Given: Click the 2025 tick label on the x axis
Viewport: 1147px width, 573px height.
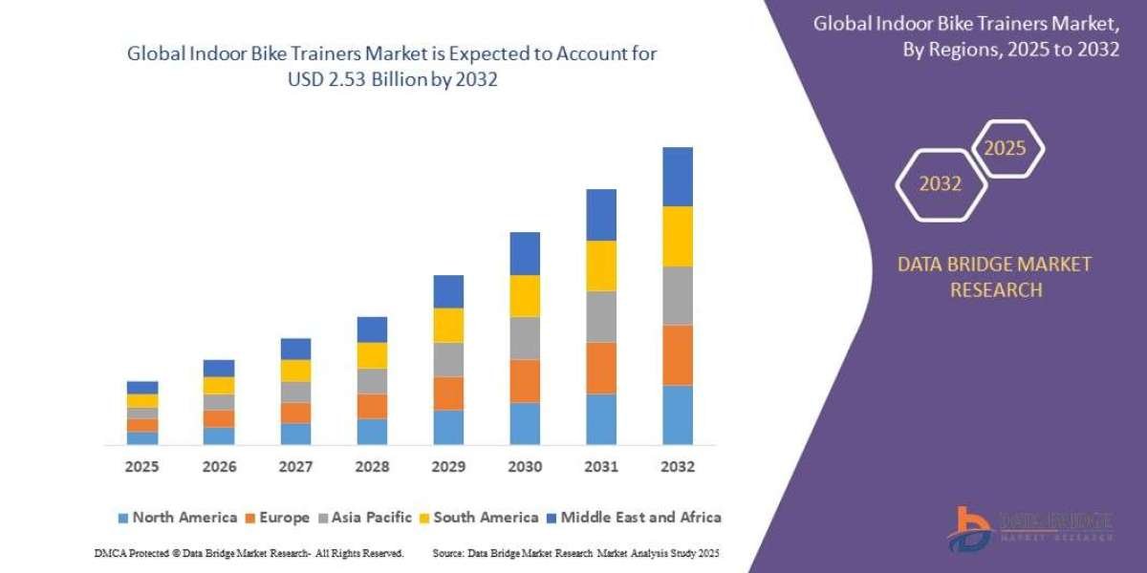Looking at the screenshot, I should pos(141,468).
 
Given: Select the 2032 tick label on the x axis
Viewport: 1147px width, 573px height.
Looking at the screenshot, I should pos(677,468).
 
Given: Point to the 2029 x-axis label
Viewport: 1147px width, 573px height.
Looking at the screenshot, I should pos(447,468).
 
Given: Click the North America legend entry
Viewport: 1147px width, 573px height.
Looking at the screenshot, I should pos(177,518).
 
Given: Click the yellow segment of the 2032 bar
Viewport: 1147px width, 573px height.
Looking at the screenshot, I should pos(677,236).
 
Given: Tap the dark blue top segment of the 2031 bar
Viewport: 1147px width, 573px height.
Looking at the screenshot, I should pos(600,215).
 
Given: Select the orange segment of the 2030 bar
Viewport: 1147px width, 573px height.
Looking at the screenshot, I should pos(524,381).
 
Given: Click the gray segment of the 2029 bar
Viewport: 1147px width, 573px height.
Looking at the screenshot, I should pos(447,359).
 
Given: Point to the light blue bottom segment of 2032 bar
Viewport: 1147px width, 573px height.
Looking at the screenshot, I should pos(677,414).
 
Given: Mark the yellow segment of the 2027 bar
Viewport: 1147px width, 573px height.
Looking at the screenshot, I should pos(295,371).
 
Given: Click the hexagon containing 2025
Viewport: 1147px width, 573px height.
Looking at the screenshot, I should pos(1006,149).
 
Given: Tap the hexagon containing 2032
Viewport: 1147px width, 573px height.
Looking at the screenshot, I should pos(940,183).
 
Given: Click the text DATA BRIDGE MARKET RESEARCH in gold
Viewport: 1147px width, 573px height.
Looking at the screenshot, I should pos(995,277).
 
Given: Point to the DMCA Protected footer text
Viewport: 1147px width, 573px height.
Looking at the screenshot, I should pos(249,553).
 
